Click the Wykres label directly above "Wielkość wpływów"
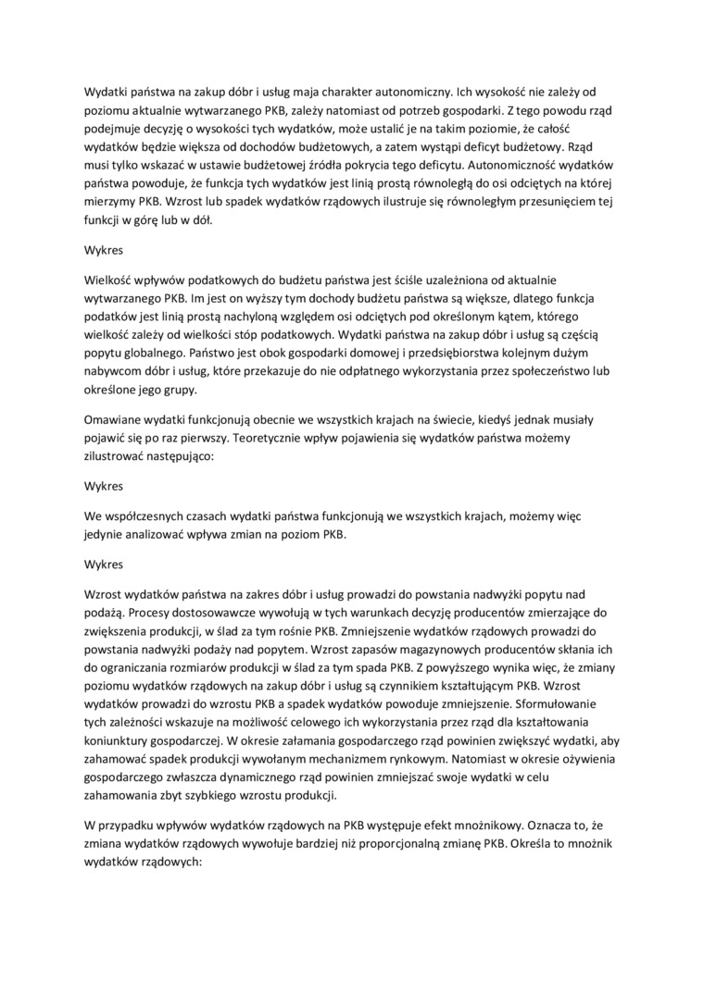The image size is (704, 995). tap(104, 250)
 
